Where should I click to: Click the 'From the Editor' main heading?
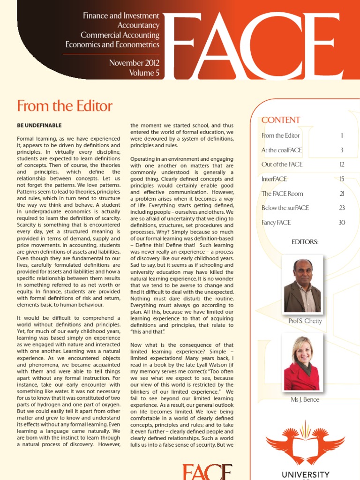[65, 106]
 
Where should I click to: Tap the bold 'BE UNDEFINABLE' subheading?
[39, 125]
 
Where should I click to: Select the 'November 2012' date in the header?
[134, 63]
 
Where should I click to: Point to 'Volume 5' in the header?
[144, 73]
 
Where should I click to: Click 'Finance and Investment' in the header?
[121, 16]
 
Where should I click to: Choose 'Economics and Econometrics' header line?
[112, 45]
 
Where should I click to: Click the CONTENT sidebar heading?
[281, 120]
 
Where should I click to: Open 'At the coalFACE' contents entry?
[282, 150]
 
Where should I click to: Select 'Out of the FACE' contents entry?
[282, 165]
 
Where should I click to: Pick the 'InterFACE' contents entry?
[274, 179]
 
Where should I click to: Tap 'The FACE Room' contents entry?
[282, 194]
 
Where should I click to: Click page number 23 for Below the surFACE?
[342, 208]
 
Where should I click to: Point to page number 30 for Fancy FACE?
[342, 223]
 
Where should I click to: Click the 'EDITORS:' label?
[305, 242]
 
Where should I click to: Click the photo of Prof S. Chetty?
[302, 285]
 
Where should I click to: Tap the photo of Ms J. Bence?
[302, 363]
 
